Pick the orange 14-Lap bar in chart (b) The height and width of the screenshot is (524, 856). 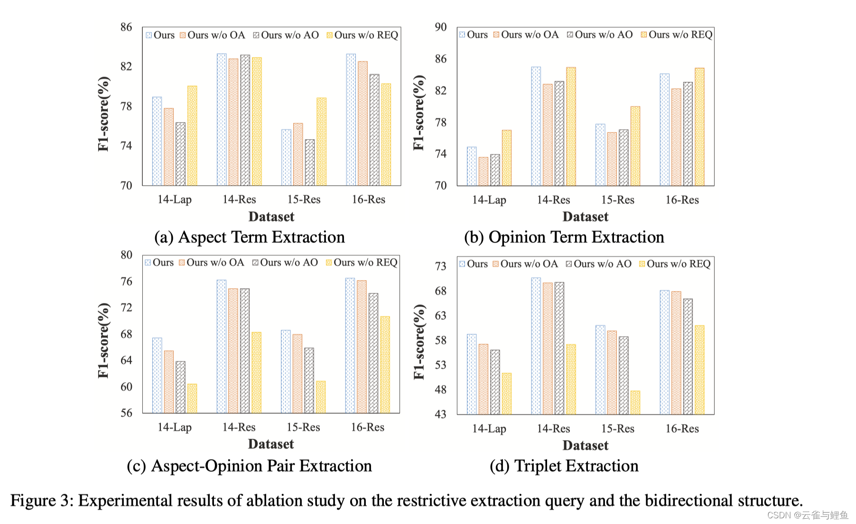pos(483,171)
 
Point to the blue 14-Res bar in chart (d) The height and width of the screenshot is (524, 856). pos(536,346)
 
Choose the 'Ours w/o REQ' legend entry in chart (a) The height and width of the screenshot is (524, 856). pos(362,35)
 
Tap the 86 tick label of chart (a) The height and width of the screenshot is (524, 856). pos(126,27)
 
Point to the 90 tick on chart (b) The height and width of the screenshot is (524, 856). pos(441,27)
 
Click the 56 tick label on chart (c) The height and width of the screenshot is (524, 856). pos(126,413)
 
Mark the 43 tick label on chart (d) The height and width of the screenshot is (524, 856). pos(441,414)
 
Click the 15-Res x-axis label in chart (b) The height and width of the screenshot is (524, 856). pos(617,200)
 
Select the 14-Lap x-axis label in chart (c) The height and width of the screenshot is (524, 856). pos(175,427)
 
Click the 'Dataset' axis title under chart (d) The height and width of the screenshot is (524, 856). pos(585,445)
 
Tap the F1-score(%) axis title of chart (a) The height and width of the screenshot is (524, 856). pos(103,114)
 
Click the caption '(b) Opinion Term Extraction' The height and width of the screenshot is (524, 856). pos(564,237)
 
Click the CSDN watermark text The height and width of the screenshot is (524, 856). pos(807,515)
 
